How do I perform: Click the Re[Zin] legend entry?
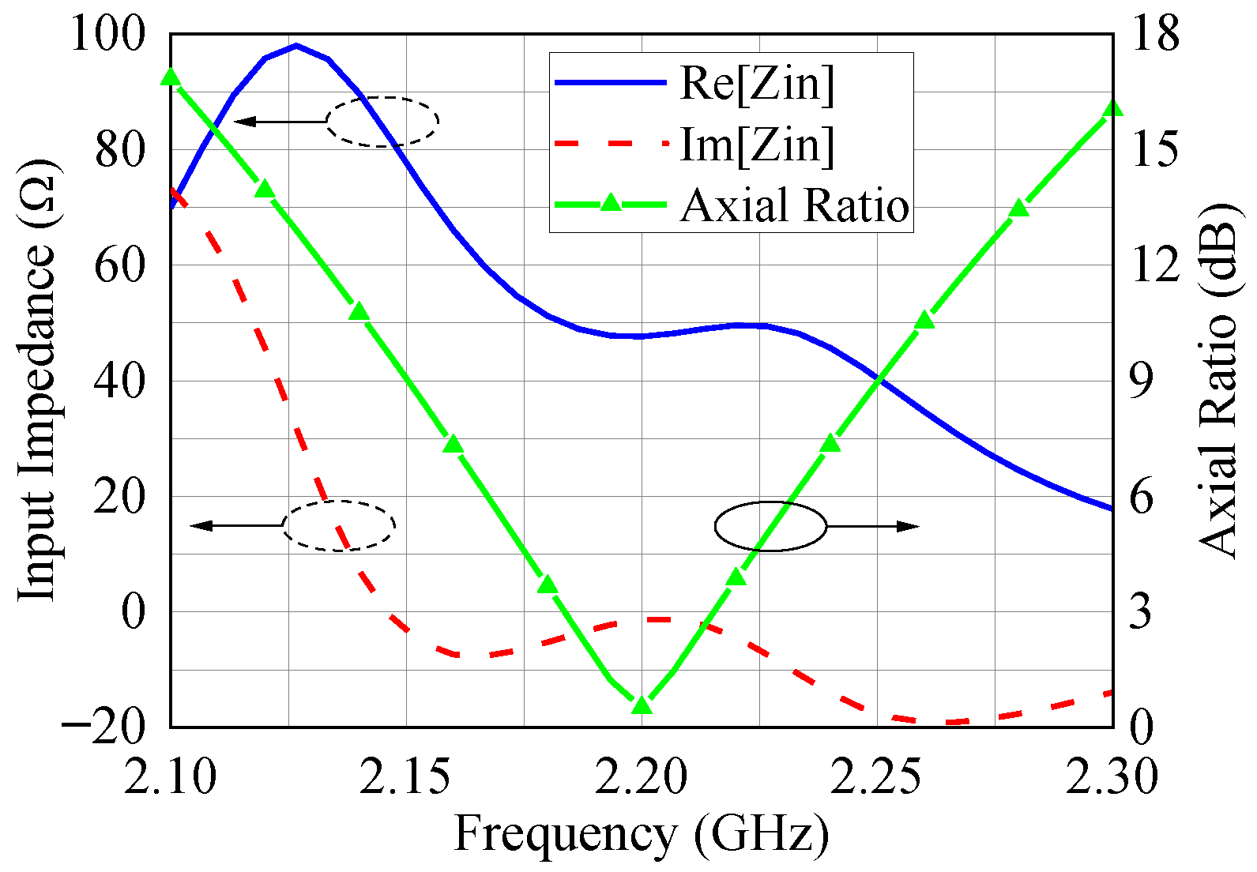(x=756, y=83)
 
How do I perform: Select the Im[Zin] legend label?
(x=756, y=145)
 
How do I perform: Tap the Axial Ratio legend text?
(x=794, y=205)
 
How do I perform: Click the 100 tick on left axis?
(x=108, y=35)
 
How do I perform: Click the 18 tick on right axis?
(x=1154, y=35)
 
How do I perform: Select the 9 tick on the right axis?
(x=1141, y=381)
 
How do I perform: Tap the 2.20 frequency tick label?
(x=641, y=776)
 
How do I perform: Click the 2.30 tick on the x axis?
(x=1112, y=776)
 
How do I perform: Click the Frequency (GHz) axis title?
(x=641, y=835)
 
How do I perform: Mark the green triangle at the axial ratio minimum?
(x=642, y=705)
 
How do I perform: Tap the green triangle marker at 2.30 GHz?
(x=1112, y=108)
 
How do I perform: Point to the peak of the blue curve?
(x=296, y=46)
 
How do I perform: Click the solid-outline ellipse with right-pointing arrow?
(x=770, y=526)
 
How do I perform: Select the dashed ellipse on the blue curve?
(x=382, y=122)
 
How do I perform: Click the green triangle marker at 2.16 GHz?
(x=453, y=445)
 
